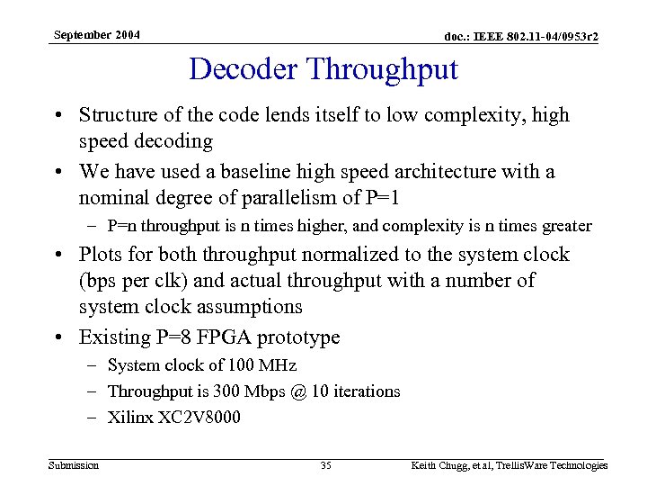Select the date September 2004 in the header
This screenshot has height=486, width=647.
point(96,35)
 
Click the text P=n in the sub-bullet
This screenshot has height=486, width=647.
point(123,226)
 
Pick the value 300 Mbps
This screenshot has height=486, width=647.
point(233,391)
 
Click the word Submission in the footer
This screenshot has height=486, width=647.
point(74,465)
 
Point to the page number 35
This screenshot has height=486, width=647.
point(325,465)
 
